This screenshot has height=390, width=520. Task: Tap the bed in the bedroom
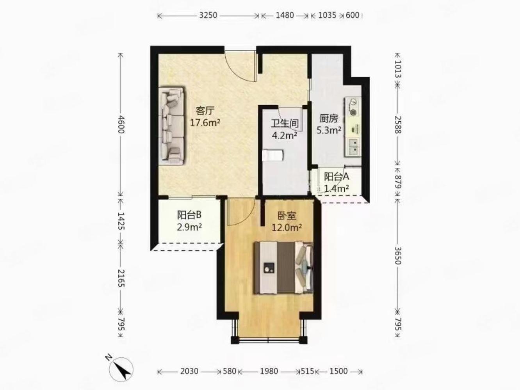[x=283, y=268]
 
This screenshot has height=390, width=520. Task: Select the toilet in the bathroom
[x=272, y=155]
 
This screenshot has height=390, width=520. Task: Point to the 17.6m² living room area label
[x=205, y=123]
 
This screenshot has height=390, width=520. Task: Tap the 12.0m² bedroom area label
[x=287, y=228]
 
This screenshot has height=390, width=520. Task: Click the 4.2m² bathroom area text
[x=285, y=136]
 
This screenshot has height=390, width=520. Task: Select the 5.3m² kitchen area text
[x=329, y=130]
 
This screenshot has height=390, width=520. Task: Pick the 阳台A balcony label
[x=337, y=177]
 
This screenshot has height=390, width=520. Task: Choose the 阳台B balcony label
[x=189, y=215]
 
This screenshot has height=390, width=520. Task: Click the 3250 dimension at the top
[x=208, y=15]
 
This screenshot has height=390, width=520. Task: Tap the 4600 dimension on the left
[x=121, y=124]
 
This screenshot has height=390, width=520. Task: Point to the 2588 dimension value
[x=398, y=125]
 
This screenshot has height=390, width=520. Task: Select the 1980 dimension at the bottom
[x=269, y=371]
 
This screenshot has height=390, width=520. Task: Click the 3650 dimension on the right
[x=398, y=255]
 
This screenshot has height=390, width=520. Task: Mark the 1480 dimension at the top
[x=285, y=15]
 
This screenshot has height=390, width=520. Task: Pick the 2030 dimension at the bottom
[x=189, y=371]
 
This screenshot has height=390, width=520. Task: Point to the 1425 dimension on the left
[x=121, y=221]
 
